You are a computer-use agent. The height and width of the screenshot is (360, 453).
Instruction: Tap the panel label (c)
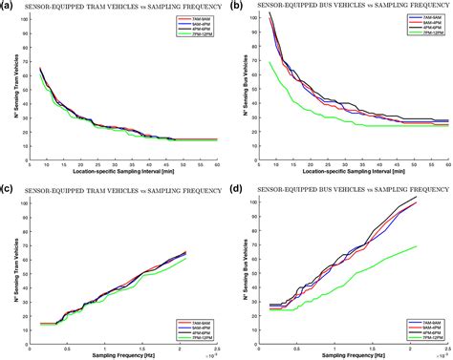point(8,188)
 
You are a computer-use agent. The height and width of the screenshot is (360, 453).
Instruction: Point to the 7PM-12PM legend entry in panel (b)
point(423,40)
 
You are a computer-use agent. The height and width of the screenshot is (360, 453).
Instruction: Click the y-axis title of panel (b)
point(247,86)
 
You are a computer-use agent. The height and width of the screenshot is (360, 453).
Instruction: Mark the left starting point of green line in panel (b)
point(271,62)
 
